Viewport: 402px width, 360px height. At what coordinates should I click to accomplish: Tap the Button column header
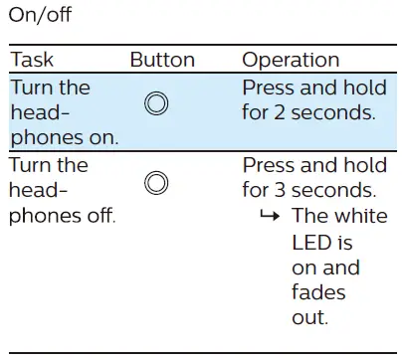[162, 61]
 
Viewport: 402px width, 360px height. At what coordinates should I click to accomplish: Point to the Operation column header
[291, 61]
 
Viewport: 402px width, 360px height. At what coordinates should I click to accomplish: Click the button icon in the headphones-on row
[156, 103]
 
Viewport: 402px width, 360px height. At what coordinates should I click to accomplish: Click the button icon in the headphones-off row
[156, 182]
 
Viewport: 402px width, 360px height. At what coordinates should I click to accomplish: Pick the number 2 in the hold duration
[280, 112]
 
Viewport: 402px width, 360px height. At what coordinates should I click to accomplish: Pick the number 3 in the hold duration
[280, 190]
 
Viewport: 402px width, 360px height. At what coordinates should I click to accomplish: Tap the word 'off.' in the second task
[100, 216]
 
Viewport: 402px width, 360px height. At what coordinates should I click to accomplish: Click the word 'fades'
[318, 292]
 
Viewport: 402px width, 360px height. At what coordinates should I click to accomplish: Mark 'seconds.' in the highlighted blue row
[333, 112]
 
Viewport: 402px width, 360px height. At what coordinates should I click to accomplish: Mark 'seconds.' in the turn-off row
[333, 190]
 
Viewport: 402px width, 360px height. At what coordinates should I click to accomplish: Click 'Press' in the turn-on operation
[270, 87]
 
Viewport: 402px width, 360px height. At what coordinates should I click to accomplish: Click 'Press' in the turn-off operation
[270, 164]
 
